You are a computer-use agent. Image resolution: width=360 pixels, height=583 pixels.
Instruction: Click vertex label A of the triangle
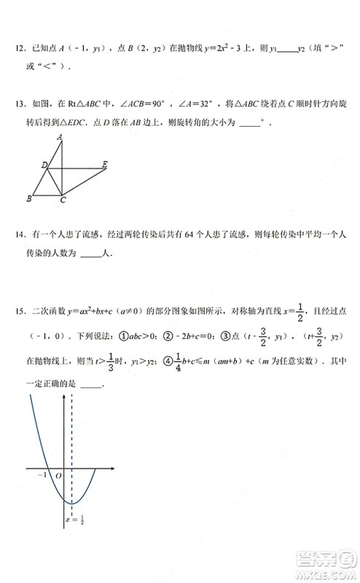click(x=60, y=136)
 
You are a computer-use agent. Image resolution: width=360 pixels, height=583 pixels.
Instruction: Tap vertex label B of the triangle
click(x=28, y=198)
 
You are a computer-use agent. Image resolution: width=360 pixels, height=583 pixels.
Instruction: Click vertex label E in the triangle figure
click(x=106, y=165)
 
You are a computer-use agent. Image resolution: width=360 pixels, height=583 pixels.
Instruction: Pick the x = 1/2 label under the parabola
click(x=72, y=520)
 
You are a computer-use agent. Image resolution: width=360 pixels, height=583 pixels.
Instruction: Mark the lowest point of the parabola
click(x=71, y=502)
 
